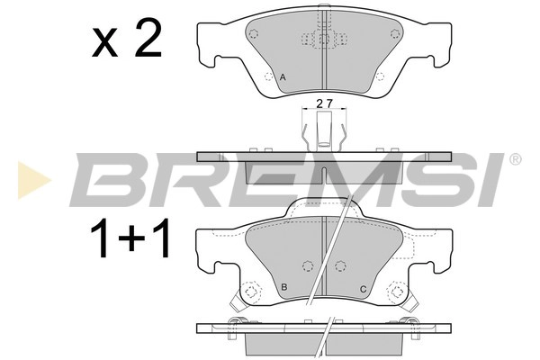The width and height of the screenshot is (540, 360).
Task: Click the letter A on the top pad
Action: [x=283, y=79]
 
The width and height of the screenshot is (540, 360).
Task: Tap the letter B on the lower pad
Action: [x=284, y=288]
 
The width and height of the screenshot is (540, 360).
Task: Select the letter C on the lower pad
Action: [x=362, y=288]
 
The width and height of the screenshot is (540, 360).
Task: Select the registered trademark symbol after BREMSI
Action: [x=515, y=160]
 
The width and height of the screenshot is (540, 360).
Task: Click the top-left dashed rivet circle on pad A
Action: [x=255, y=34]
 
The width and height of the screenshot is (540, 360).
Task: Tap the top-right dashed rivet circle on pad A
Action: [x=393, y=34]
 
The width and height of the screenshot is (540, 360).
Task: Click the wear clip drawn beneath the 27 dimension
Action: [x=323, y=130]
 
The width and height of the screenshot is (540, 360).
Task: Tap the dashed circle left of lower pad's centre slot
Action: [x=307, y=265]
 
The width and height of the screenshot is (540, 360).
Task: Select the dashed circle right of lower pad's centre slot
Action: [x=340, y=265]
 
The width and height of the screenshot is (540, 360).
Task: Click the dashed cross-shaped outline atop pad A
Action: [x=323, y=40]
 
